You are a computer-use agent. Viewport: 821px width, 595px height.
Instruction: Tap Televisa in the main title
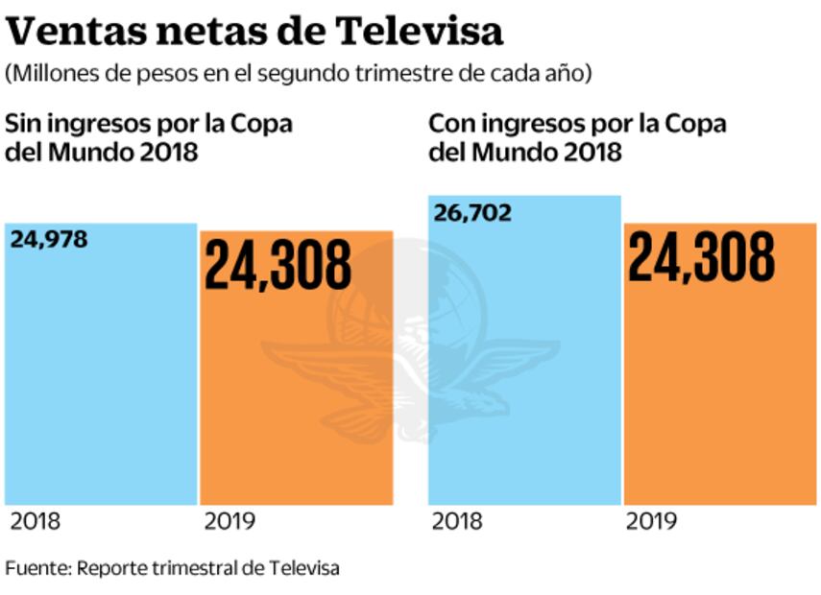point(420,32)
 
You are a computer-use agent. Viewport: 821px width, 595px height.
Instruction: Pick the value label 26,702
point(472,212)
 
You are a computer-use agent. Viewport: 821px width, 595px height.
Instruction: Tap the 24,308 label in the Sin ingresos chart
point(278,265)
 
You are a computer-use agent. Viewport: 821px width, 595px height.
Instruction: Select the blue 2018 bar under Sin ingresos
point(101,384)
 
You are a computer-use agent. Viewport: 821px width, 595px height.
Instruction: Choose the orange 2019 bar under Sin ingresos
point(296,403)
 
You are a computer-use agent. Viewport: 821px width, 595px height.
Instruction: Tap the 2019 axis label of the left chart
point(229,522)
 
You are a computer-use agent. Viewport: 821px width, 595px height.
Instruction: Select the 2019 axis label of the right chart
point(651,522)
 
